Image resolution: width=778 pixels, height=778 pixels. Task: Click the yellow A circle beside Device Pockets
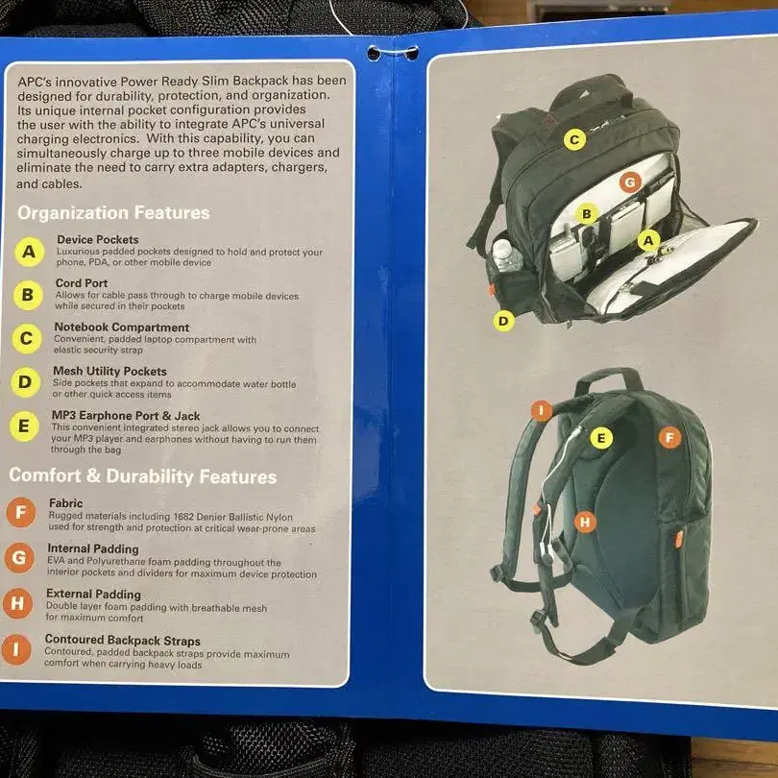[29, 252]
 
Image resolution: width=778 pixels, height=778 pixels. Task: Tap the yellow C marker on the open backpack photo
[574, 139]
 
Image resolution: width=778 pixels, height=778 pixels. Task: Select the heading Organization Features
[113, 213]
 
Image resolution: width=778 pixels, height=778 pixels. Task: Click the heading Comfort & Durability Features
[143, 475]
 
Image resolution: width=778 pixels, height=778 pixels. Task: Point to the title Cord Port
[82, 282]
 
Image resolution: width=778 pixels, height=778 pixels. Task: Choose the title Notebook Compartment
[122, 327]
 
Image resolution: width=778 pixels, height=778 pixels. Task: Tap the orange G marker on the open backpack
[630, 182]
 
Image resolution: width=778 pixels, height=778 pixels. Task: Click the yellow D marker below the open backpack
[503, 321]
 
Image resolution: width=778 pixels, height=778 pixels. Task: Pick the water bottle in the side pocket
[506, 256]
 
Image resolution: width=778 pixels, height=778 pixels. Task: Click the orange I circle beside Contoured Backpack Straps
[16, 649]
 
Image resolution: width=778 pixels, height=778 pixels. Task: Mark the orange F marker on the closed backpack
[669, 438]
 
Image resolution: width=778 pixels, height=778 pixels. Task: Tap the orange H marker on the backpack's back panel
[585, 522]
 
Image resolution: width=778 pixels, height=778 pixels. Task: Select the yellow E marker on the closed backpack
[601, 438]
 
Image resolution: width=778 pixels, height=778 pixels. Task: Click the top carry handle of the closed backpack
[608, 378]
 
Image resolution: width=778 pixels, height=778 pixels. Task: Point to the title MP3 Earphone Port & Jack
[126, 415]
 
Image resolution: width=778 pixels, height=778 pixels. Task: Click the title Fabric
[65, 502]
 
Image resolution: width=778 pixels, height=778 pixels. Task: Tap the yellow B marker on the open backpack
[587, 213]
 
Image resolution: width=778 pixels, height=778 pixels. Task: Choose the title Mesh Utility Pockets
[109, 371]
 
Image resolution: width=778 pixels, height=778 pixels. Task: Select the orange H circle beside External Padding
[17, 603]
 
